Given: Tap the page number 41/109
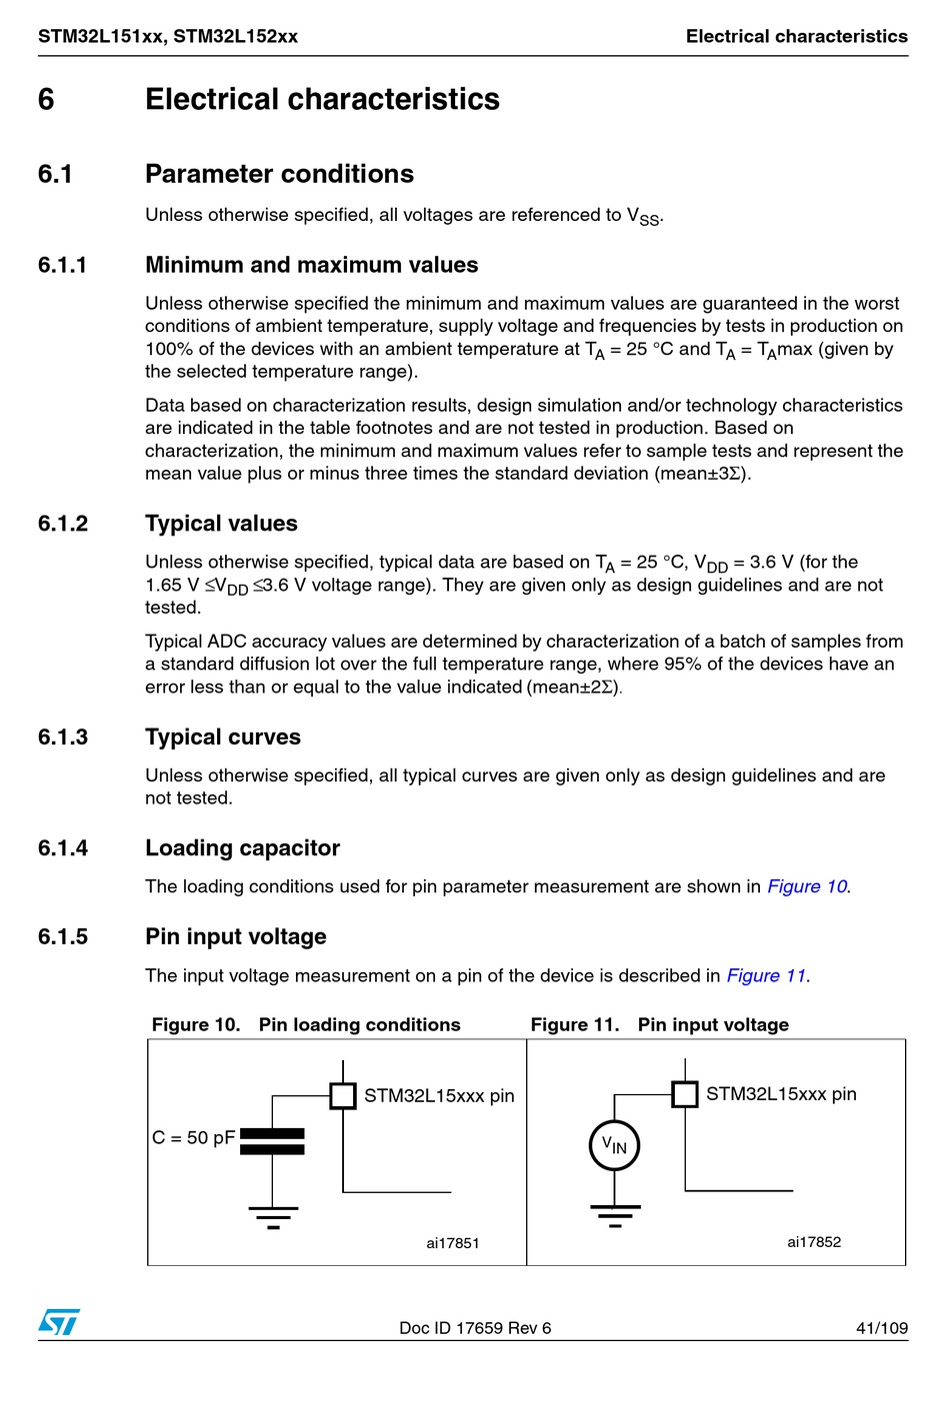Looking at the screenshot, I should [x=881, y=1328].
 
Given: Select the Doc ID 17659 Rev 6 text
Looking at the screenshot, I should [x=475, y=1328].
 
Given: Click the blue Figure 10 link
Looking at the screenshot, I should [x=807, y=886].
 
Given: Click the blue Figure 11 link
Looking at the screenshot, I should [x=766, y=975].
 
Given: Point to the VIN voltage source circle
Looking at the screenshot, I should [x=614, y=1145].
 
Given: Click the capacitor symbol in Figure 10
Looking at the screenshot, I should [x=273, y=1141].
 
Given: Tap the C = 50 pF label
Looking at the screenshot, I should [x=193, y=1138].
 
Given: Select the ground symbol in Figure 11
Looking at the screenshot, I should [x=614, y=1214].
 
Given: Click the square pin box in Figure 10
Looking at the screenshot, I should [x=343, y=1095].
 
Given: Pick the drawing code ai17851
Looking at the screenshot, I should [x=453, y=1243].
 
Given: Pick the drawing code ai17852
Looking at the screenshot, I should [x=814, y=1242].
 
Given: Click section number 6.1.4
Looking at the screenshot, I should [x=63, y=848].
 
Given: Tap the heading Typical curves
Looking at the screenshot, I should [x=223, y=737].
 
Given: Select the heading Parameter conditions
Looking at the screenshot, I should [x=279, y=174].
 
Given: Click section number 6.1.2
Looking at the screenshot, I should [x=63, y=524].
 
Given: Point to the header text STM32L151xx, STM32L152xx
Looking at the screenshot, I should [x=168, y=37].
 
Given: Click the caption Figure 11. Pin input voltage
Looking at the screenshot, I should [x=659, y=1024].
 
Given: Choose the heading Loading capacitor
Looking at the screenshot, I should [x=242, y=848].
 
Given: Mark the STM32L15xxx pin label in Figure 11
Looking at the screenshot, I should [x=781, y=1094].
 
